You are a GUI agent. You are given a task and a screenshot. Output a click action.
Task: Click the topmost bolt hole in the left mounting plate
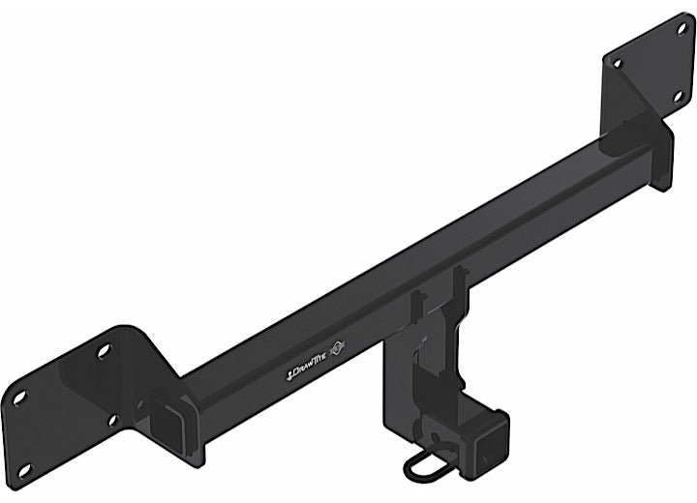[x=104, y=349]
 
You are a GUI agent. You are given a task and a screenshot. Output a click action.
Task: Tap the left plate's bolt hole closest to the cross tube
[x=113, y=420]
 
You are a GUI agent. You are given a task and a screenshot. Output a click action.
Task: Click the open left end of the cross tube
[x=162, y=418]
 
